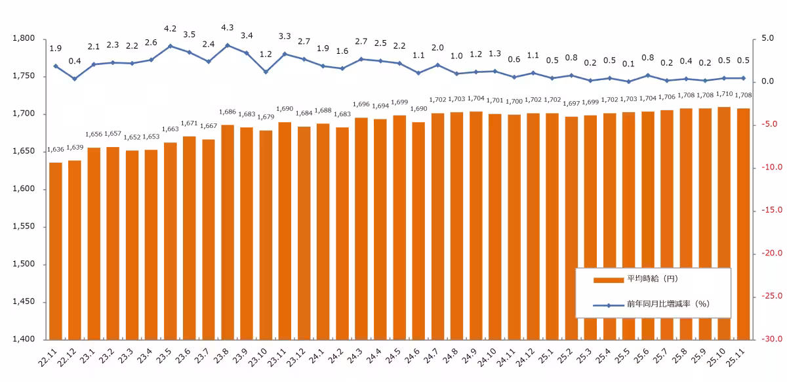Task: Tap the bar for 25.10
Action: pyautogui.click(x=723, y=223)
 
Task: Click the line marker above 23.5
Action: pyautogui.click(x=171, y=46)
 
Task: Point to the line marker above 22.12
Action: pyautogui.click(x=75, y=79)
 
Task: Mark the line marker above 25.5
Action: pyautogui.click(x=628, y=81)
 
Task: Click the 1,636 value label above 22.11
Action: pyautogui.click(x=56, y=150)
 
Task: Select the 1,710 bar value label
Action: pyautogui.click(x=723, y=95)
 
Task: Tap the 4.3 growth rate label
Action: pyautogui.click(x=228, y=28)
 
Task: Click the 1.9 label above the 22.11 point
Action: pyautogui.click(x=56, y=49)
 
